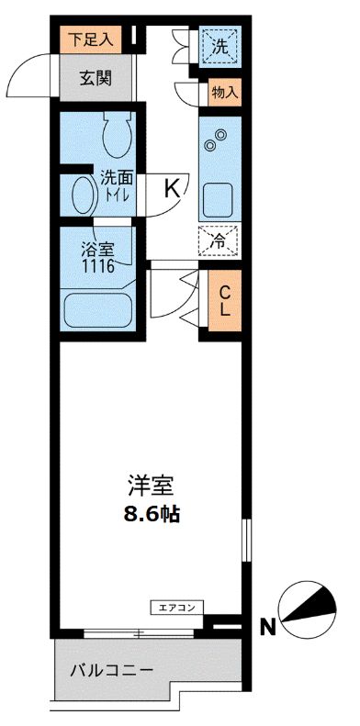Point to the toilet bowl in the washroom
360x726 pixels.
tap(116, 136)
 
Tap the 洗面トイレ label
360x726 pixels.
tap(116, 188)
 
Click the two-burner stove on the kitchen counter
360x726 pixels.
tap(218, 140)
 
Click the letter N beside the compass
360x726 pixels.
tap(268, 628)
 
